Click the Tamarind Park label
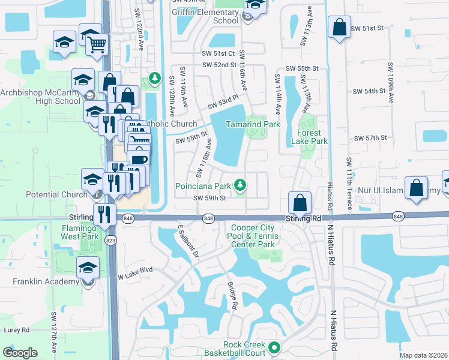point(253,124)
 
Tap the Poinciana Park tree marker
point(240,185)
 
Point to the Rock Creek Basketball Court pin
point(275,347)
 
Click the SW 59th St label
point(209,198)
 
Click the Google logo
point(20,353)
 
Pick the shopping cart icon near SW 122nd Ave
point(97,43)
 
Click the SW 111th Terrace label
point(348,184)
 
